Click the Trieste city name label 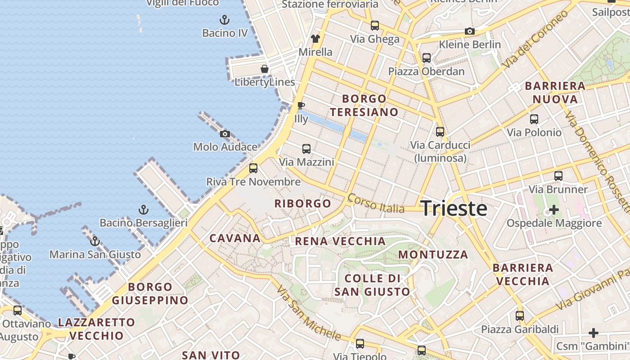click(x=454, y=209)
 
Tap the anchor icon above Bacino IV click(x=224, y=20)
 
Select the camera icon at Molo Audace click(x=225, y=134)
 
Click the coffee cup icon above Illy click(x=301, y=106)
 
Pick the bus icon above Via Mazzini click(x=306, y=148)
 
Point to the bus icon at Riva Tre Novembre click(x=253, y=168)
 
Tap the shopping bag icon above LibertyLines click(x=265, y=69)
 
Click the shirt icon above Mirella click(x=315, y=39)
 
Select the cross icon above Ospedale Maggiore click(x=554, y=210)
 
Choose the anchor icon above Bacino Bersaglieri click(x=143, y=210)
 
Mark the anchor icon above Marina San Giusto click(x=94, y=241)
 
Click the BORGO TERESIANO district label click(x=364, y=105)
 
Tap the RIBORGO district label click(x=303, y=203)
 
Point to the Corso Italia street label click(x=376, y=203)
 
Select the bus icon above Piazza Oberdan click(x=426, y=58)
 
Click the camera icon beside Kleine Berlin click(x=470, y=31)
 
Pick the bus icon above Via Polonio click(x=534, y=119)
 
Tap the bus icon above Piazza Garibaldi click(x=520, y=316)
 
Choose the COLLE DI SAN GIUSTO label click(x=373, y=285)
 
